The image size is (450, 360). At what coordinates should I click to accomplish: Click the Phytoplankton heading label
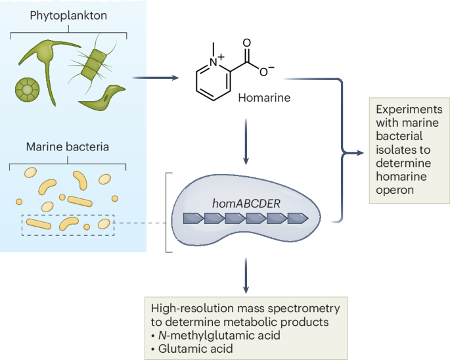pyautogui.click(x=68, y=16)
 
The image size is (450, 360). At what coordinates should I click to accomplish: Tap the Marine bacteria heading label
pyautogui.click(x=68, y=146)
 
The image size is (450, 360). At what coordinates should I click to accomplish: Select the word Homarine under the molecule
pyautogui.click(x=264, y=98)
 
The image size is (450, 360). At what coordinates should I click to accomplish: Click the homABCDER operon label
pyautogui.click(x=246, y=204)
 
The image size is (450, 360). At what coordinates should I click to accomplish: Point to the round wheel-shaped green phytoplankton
pyautogui.click(x=27, y=89)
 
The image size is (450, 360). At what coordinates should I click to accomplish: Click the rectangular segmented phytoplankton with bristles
pyautogui.click(x=93, y=64)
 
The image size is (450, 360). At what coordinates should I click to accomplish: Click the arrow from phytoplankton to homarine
pyautogui.click(x=155, y=78)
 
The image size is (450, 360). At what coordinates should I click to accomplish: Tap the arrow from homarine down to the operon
pyautogui.click(x=246, y=141)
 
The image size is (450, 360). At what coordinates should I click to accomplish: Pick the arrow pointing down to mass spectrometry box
pyautogui.click(x=246, y=276)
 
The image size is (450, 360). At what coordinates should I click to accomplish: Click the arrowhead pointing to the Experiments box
pyautogui.click(x=359, y=152)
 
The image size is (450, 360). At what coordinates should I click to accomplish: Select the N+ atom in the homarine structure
pyautogui.click(x=216, y=61)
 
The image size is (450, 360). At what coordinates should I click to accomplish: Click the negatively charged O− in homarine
pyautogui.click(x=266, y=71)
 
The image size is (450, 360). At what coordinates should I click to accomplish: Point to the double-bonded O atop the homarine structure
pyautogui.click(x=247, y=43)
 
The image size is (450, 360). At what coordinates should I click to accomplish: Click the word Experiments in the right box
pyautogui.click(x=409, y=110)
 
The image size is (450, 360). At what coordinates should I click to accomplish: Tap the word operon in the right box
pyautogui.click(x=395, y=191)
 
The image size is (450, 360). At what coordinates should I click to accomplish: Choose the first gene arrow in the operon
pyautogui.click(x=193, y=219)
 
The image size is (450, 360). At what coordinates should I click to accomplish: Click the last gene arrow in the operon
pyautogui.click(x=298, y=219)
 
